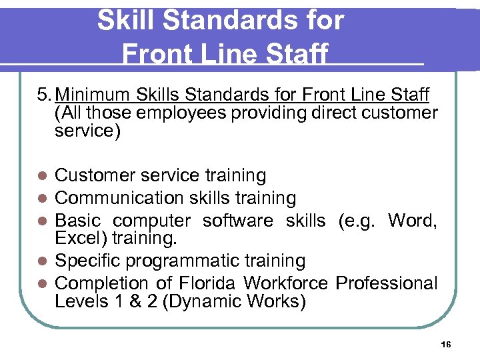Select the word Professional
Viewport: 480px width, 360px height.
coord(387,283)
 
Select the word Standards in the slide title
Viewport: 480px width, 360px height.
coord(223,21)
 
